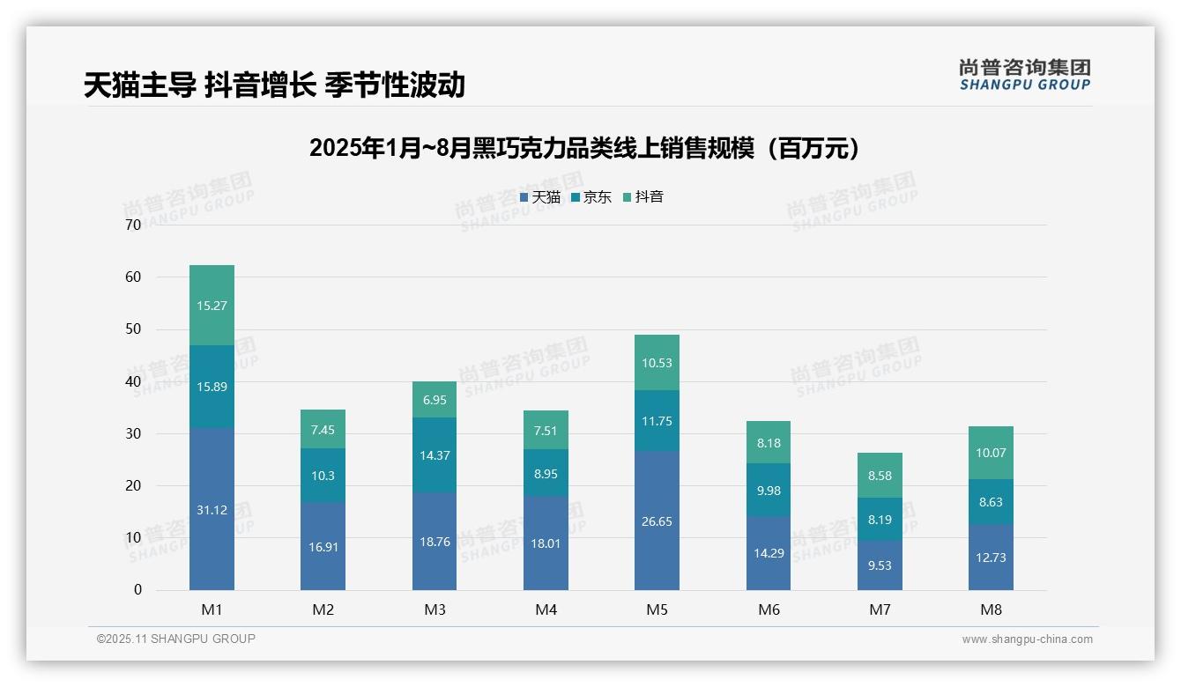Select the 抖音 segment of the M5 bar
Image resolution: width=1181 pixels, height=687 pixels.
click(657, 362)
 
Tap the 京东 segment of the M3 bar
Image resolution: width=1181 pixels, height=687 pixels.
click(435, 454)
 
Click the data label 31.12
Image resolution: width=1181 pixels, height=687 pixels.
click(212, 510)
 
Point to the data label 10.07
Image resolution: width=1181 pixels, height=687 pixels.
click(991, 453)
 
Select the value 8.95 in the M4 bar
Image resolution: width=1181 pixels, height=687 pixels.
click(546, 474)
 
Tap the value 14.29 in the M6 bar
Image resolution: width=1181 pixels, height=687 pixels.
click(769, 554)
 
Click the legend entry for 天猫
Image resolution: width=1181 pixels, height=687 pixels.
click(540, 197)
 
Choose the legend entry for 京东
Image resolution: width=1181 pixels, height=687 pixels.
click(591, 197)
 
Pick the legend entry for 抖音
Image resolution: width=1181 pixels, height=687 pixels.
click(643, 197)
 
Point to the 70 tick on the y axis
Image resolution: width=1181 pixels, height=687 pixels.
click(133, 225)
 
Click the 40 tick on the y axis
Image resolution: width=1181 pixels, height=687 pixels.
click(133, 381)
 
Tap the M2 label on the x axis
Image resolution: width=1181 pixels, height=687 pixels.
click(323, 609)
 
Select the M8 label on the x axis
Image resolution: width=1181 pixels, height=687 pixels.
click(991, 609)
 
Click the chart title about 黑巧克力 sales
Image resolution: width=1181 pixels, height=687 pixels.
click(583, 149)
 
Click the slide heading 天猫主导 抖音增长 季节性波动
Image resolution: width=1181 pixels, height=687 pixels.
click(274, 85)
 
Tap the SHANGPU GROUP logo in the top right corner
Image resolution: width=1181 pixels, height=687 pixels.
click(1024, 75)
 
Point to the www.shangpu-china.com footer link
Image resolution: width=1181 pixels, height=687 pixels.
click(1027, 639)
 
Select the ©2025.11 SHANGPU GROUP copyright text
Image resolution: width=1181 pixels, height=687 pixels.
click(176, 639)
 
